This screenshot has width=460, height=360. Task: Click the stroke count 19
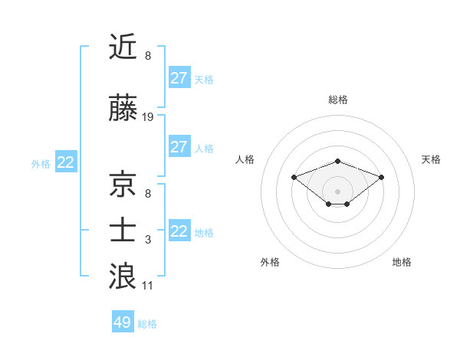[148, 117]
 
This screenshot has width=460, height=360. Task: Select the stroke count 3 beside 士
[148, 240]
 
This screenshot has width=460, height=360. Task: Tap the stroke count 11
[148, 286]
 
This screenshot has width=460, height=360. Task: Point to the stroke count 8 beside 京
[148, 194]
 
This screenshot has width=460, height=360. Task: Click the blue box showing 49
[123, 322]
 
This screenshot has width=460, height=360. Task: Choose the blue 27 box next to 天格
[179, 78]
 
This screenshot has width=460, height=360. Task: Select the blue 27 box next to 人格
[179, 147]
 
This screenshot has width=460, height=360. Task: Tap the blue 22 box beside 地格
[179, 231]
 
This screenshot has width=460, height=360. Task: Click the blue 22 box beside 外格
[66, 162]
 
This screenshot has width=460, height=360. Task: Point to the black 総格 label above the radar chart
[338, 100]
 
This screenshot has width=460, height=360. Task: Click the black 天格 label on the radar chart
[432, 159]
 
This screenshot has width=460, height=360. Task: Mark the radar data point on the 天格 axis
[382, 177]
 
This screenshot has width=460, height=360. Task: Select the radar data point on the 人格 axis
[294, 177]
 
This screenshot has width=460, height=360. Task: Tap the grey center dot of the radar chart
[337, 191]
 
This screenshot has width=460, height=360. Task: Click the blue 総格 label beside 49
[147, 323]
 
